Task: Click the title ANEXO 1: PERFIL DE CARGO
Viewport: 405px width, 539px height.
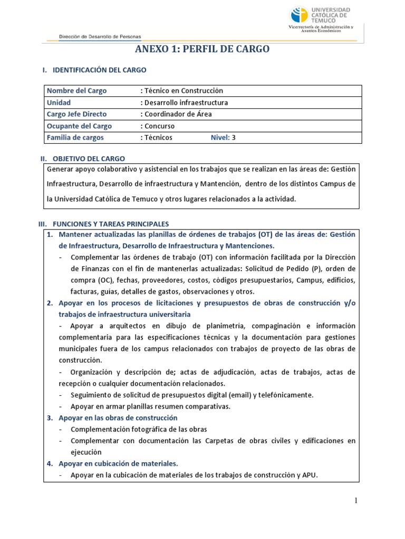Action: click(202, 49)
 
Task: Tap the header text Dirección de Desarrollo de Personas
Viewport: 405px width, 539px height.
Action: click(100, 36)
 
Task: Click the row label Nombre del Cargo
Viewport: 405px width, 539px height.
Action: click(76, 91)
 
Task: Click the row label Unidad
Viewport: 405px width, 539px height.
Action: click(59, 102)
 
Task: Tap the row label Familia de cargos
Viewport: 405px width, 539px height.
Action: click(75, 137)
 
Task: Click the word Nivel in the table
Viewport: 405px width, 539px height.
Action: click(219, 137)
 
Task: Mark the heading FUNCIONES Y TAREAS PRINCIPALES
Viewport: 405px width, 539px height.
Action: click(109, 224)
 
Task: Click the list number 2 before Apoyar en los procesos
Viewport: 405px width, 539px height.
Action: click(49, 303)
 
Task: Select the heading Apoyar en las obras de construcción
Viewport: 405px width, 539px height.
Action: click(118, 417)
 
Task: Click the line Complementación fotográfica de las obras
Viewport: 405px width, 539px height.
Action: click(139, 429)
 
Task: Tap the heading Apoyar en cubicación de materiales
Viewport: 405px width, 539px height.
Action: click(118, 464)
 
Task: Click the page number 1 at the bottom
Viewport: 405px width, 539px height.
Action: click(356, 501)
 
